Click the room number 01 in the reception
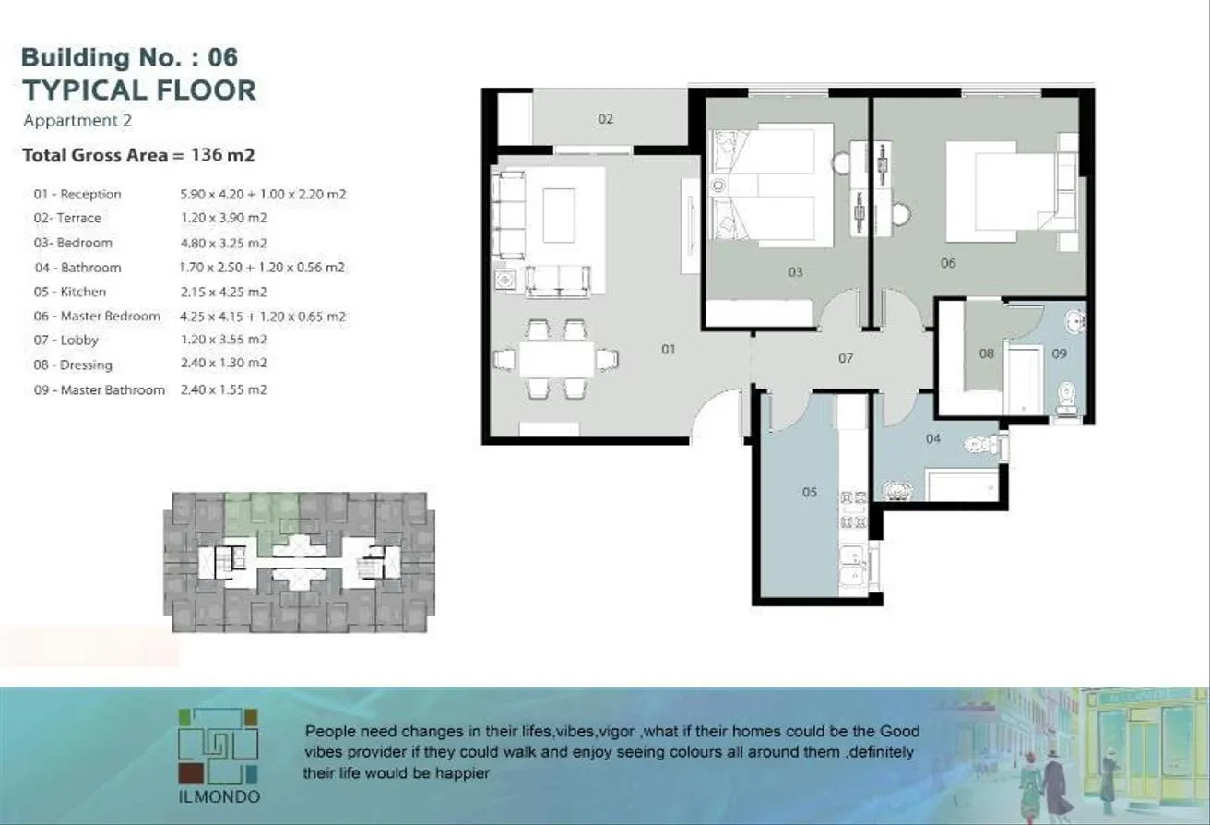click(x=669, y=349)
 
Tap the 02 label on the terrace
click(x=605, y=119)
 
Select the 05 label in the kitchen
click(x=809, y=492)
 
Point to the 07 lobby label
click(x=846, y=358)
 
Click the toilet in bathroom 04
click(x=983, y=446)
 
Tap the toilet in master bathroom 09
click(x=1066, y=398)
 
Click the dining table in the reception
click(x=556, y=359)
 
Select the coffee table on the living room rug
click(x=559, y=215)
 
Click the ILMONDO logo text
click(x=219, y=796)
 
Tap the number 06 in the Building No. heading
click(x=222, y=57)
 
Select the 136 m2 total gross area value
click(x=222, y=155)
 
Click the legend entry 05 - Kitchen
click(x=70, y=292)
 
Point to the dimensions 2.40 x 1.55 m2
click(x=223, y=389)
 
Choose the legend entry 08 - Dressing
click(x=73, y=365)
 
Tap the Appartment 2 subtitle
click(x=77, y=121)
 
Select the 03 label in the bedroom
click(x=795, y=272)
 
